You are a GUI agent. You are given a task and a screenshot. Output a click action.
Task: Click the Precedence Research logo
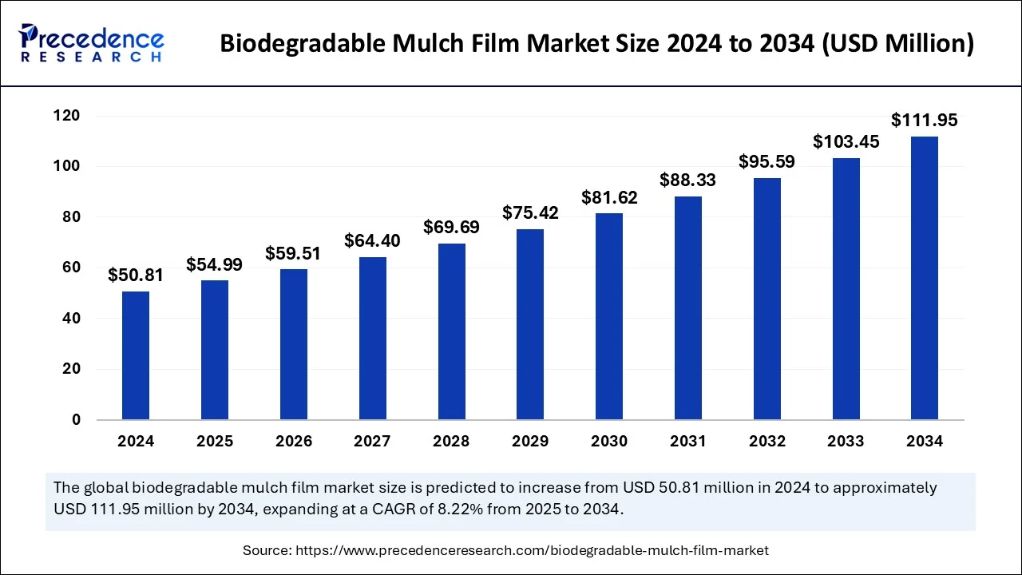coord(92,44)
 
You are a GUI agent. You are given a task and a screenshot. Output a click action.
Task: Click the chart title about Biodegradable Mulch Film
coord(596,44)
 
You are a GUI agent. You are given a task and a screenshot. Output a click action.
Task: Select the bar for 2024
coord(136,355)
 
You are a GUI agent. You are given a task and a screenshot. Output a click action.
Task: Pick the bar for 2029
coord(530,324)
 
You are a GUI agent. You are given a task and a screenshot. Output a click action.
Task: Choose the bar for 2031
coord(687,308)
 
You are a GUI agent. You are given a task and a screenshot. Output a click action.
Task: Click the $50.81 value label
coord(136,276)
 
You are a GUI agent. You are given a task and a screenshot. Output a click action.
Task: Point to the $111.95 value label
coord(925,121)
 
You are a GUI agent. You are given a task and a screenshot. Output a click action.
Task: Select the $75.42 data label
coord(530,213)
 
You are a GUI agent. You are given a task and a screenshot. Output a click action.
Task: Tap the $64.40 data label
coord(372,240)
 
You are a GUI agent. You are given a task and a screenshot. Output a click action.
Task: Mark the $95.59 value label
coord(766,161)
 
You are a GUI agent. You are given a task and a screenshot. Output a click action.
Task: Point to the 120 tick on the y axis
coord(67,116)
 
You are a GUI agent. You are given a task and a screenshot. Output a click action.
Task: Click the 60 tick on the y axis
coord(71,268)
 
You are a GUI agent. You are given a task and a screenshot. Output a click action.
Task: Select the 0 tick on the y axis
coord(76,419)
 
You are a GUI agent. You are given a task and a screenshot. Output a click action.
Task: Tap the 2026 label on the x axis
coord(293,442)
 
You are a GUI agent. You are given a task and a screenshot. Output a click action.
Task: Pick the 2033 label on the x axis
coord(846,442)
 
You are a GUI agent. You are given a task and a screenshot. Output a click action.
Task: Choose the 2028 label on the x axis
coord(451,442)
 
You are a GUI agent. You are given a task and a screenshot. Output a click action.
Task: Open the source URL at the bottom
coord(532,550)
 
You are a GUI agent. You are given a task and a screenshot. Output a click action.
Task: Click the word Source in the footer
coord(266,550)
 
